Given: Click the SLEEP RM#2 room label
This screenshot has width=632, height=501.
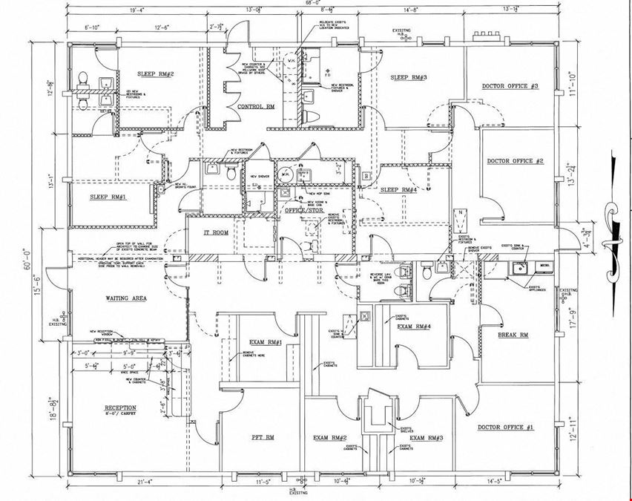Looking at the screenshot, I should (155, 75).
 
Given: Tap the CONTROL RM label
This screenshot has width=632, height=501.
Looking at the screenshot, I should (256, 107).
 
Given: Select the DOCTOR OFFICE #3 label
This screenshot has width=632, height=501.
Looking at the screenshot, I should (510, 87).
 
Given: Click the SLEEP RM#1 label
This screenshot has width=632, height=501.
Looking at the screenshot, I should (108, 197).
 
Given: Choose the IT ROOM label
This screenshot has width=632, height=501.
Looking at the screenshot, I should (216, 233).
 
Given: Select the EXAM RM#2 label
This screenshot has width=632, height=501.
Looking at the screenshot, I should (331, 439).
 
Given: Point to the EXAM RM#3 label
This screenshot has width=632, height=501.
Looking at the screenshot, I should (426, 439).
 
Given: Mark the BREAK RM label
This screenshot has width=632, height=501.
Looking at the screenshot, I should (513, 335).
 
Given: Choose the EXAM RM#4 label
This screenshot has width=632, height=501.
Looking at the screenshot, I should (415, 327).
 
